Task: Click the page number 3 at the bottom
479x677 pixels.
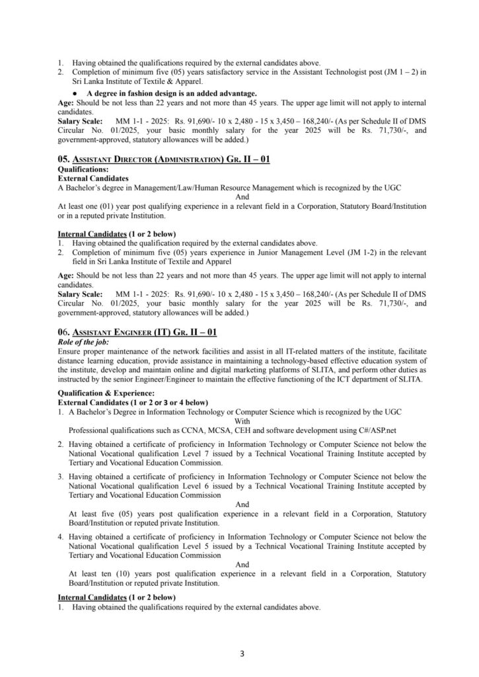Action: click(242, 655)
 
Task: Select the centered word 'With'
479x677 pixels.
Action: click(242, 420)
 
